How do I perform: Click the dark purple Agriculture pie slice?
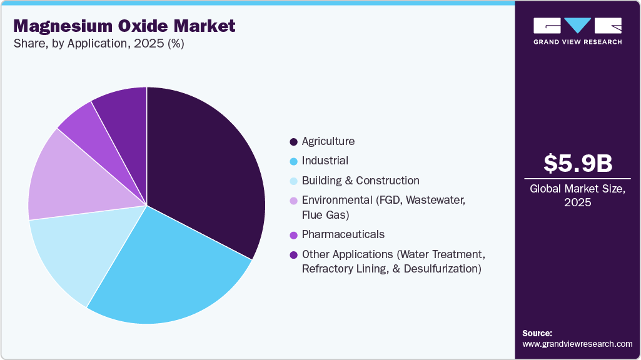(x=206, y=169)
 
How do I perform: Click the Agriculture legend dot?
(x=293, y=142)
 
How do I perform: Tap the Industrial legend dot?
(x=293, y=161)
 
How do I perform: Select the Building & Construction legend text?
(x=360, y=181)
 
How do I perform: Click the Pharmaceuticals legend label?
(x=343, y=234)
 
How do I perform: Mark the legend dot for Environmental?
(x=293, y=201)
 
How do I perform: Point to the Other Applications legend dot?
(x=293, y=255)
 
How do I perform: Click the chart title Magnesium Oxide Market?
(x=124, y=26)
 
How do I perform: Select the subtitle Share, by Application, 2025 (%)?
(x=98, y=44)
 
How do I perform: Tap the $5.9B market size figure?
(x=577, y=164)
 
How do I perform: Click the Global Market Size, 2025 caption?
(x=577, y=196)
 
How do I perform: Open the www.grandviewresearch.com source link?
(x=577, y=344)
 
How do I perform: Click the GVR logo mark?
(x=577, y=26)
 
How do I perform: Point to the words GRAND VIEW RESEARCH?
(x=577, y=42)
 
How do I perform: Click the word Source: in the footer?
(x=537, y=333)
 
